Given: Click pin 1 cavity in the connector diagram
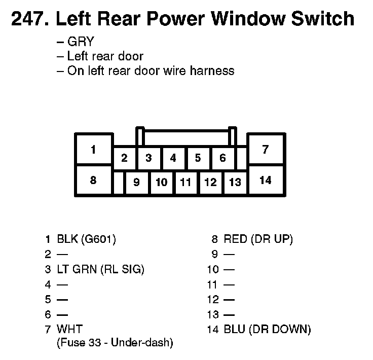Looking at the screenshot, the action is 93,149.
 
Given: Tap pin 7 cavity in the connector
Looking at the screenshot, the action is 266,149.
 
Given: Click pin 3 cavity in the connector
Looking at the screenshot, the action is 148,158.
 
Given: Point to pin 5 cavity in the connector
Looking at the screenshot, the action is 198,158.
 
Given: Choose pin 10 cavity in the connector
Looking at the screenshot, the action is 161,182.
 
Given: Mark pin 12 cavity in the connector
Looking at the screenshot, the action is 210,182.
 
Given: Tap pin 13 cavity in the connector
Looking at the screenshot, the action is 235,182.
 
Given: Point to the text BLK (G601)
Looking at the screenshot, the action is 87,238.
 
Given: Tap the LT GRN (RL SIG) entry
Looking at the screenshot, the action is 101,269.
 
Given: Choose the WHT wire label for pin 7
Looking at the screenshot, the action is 70,330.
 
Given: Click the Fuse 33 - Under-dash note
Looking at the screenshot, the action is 115,343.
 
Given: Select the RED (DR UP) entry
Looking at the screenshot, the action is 258,238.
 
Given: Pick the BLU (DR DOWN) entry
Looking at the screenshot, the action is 267,330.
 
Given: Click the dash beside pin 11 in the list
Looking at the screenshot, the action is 229,284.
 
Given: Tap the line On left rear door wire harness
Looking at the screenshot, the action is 151,70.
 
